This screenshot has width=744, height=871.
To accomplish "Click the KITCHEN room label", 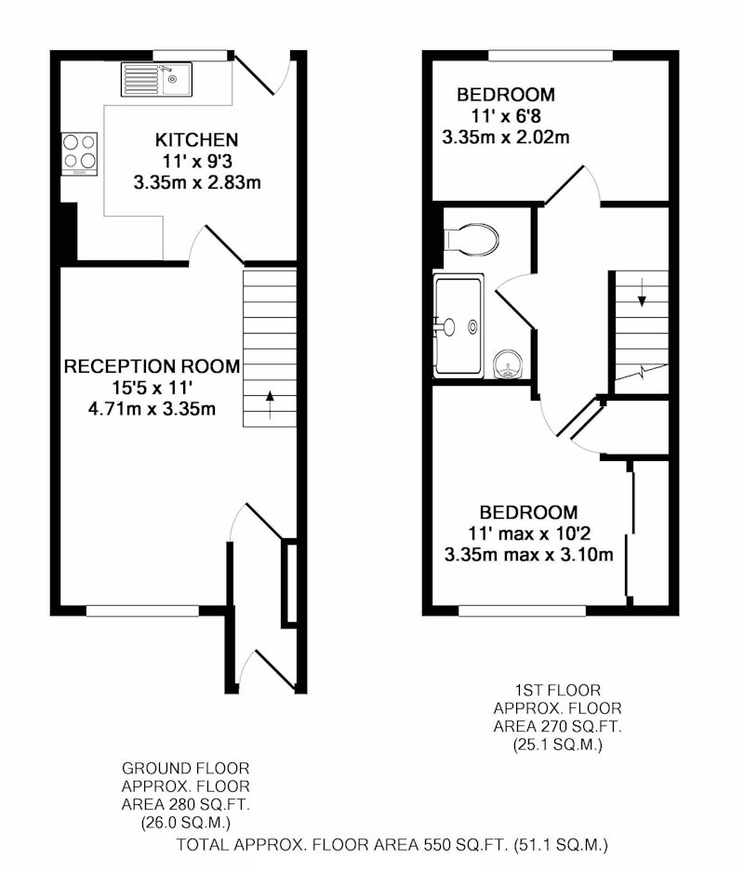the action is [197, 139].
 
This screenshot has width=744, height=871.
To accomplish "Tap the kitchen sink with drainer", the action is [156, 79].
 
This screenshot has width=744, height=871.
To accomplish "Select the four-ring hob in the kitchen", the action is [79, 154].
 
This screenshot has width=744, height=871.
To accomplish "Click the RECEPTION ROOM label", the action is [153, 366].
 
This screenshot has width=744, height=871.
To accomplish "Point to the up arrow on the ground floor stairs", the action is [270, 404].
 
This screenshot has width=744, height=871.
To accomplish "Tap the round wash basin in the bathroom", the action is [508, 364].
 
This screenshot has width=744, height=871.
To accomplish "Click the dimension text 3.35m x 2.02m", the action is [506, 138].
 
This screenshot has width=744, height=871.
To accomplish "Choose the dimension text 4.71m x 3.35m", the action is [152, 409].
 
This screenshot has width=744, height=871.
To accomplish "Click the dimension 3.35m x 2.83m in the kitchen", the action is [197, 182].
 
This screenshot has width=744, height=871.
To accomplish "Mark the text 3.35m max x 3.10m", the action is [528, 554].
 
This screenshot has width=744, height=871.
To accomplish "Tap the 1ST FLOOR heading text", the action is [557, 691].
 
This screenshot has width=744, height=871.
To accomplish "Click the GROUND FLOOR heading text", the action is [186, 768].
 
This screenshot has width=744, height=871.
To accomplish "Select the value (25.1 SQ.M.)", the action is [557, 745].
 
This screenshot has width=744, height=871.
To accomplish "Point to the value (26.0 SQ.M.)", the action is [186, 822].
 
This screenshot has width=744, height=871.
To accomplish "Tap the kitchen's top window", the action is [190, 55].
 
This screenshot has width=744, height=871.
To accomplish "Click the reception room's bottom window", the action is [143, 611].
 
